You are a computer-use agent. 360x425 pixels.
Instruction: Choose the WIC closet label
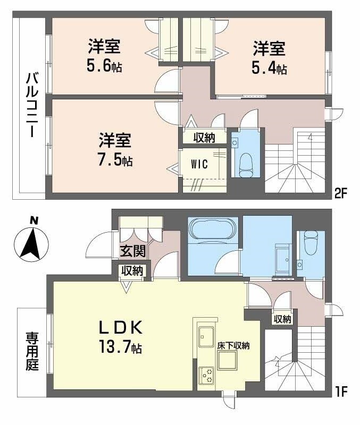click(x=199, y=164)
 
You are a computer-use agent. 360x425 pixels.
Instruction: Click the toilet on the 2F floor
click(x=246, y=165)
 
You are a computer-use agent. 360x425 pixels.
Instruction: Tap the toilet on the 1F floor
click(x=311, y=242)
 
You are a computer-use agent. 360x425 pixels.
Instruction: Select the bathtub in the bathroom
click(x=213, y=228)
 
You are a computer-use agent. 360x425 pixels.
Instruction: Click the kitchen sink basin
click(x=206, y=337)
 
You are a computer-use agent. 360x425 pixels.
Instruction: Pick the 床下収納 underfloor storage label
click(x=233, y=346)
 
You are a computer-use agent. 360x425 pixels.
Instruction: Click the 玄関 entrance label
click(x=133, y=251)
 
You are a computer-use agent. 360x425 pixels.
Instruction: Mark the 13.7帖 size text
click(x=121, y=347)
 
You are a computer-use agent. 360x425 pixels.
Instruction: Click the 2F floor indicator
click(x=340, y=193)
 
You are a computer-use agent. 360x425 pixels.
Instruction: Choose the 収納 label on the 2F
click(x=204, y=138)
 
